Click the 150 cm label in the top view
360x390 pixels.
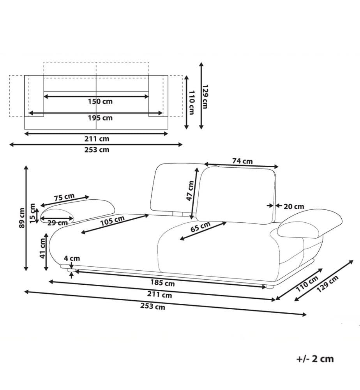pos(100,101)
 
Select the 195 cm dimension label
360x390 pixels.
pos(100,118)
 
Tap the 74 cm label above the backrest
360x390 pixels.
pos(242,161)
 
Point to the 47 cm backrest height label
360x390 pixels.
pos(190,191)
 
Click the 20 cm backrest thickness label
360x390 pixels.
pos(294,206)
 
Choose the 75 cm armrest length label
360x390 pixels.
pos(64,197)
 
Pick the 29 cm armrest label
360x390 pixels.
pos(58,223)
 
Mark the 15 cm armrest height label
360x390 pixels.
pos(33,213)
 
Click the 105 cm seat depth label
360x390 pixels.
pos(112,221)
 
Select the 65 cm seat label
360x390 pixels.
pos(200,227)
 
